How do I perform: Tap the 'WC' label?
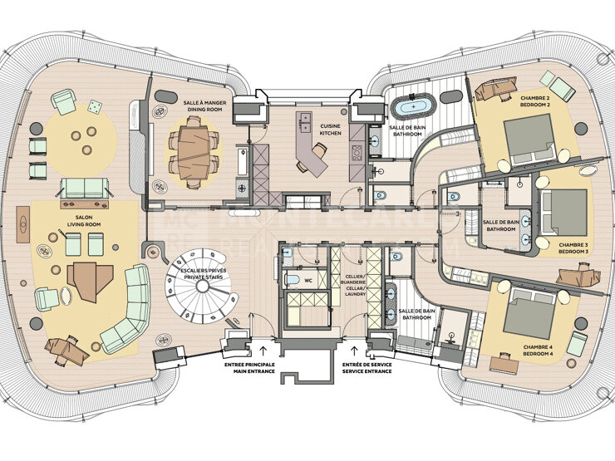pos(307,281)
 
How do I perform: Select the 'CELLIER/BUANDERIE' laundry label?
pos(355,287)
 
